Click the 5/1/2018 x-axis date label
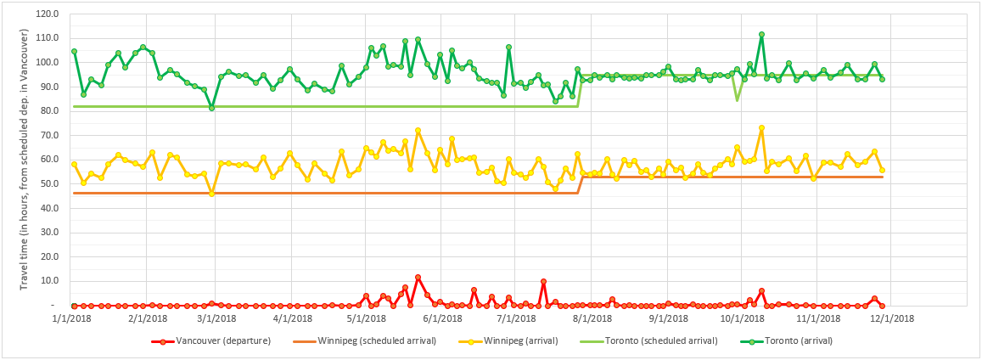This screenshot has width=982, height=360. click(365, 318)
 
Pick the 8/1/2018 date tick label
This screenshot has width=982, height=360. click(592, 318)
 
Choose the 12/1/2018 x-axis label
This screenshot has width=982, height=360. click(890, 318)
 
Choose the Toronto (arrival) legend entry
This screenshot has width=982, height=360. click(798, 341)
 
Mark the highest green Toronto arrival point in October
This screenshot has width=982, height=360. click(761, 35)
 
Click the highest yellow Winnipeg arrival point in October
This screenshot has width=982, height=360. click(761, 127)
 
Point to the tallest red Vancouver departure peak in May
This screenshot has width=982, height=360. click(418, 277)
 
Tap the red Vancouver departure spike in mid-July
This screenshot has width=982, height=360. click(543, 281)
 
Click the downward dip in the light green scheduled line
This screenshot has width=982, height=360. click(737, 100)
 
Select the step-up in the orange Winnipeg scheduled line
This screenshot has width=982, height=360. click(580, 185)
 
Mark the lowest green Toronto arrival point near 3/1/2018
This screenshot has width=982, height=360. click(211, 108)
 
